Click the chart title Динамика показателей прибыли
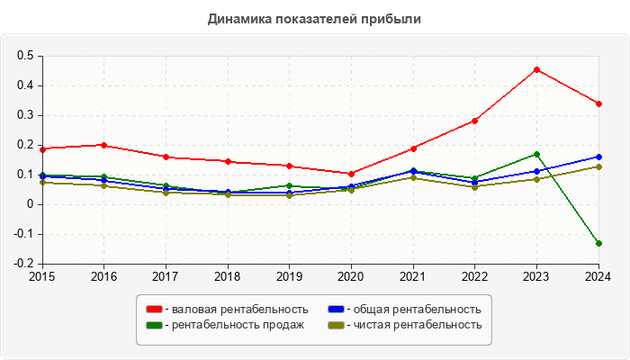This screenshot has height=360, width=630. pyautogui.click(x=314, y=18)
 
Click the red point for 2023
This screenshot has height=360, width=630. pyautogui.click(x=536, y=69)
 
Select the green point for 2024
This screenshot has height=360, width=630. pyautogui.click(x=598, y=244)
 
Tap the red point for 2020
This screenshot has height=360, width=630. pyautogui.click(x=351, y=174)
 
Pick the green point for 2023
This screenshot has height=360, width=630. pyautogui.click(x=536, y=155)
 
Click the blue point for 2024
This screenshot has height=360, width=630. pyautogui.click(x=598, y=157)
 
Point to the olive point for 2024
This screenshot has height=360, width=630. pyautogui.click(x=598, y=166)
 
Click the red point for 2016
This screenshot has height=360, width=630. pyautogui.click(x=104, y=145)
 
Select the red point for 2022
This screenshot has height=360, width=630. pyautogui.click(x=474, y=121)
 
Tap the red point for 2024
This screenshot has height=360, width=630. pyautogui.click(x=598, y=103)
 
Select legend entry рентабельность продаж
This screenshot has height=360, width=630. pyautogui.click(x=229, y=325)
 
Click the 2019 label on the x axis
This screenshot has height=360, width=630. pyautogui.click(x=290, y=277)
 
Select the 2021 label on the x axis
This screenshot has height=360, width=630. pyautogui.click(x=413, y=277)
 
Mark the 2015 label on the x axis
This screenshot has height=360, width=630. pyautogui.click(x=42, y=277)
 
